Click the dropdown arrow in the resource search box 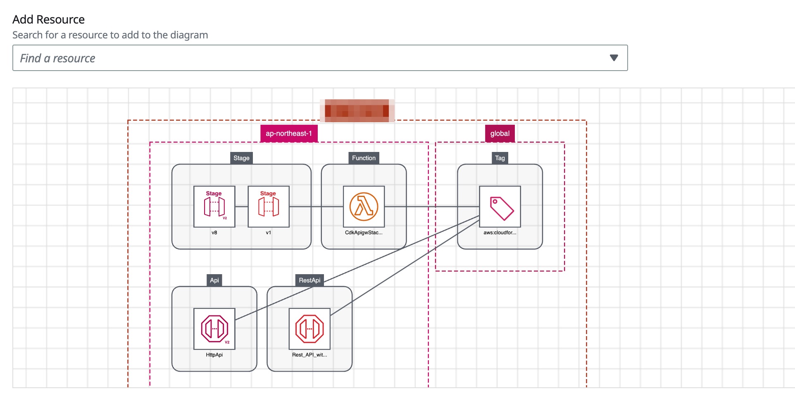(x=614, y=58)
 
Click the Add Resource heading (x=48, y=19)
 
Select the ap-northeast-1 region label (x=288, y=133)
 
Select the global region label (x=500, y=133)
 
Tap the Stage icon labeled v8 (x=214, y=206)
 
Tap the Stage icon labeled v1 (x=268, y=206)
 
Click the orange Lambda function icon (x=364, y=206)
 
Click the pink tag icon (x=500, y=206)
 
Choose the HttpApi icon (x=214, y=329)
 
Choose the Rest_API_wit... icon (x=309, y=329)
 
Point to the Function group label (x=364, y=158)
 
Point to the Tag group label (x=500, y=158)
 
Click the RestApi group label (x=309, y=280)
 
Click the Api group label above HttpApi (x=214, y=280)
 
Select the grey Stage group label (x=241, y=158)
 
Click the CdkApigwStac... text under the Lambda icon (x=364, y=232)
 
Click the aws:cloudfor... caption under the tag (x=500, y=232)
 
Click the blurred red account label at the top (x=357, y=111)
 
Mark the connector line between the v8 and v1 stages (x=241, y=206)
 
